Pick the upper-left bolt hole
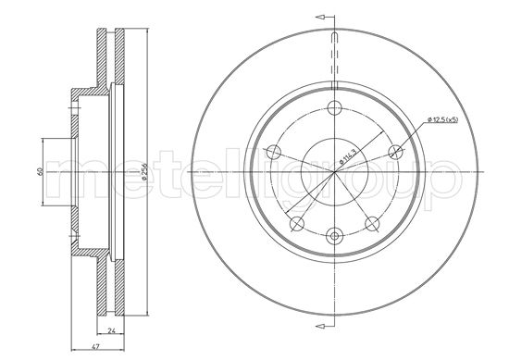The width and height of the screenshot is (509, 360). click(272, 152)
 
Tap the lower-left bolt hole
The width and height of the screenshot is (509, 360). click(295, 223)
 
